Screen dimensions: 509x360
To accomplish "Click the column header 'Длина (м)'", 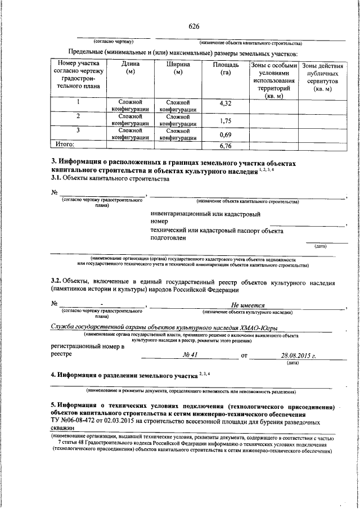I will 130,69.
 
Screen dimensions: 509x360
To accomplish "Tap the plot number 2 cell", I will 78,116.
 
